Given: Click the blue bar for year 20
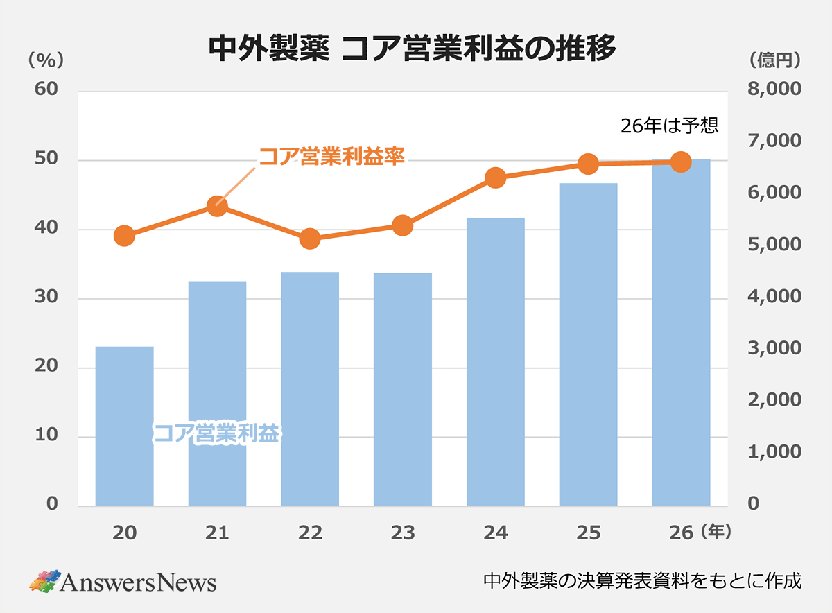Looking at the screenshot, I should (x=124, y=426).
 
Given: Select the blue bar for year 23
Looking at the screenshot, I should (x=403, y=389).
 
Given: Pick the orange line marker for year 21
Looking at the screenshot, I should (x=217, y=206).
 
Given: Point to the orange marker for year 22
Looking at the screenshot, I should (x=310, y=239).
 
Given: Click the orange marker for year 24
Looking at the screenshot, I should (x=495, y=178).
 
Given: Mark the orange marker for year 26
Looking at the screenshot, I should (x=681, y=162).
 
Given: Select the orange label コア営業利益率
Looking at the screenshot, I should (x=331, y=156).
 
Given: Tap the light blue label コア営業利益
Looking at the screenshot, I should (x=216, y=434).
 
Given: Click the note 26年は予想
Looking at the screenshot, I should (x=669, y=126).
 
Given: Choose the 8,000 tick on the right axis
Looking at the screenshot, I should (x=775, y=90).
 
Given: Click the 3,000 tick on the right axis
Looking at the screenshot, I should (x=775, y=349).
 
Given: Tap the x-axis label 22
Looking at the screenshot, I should (x=310, y=533).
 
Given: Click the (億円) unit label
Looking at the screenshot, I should (x=774, y=60).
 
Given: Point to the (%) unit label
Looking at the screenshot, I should (x=45, y=60).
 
